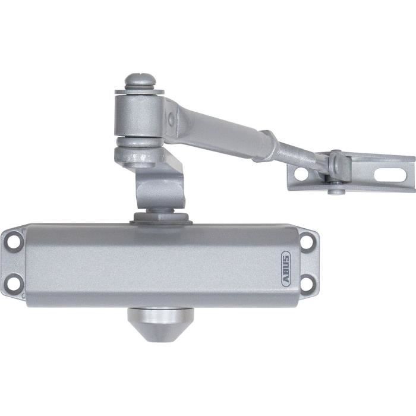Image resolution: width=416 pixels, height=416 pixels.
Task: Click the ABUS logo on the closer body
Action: coord(286,269)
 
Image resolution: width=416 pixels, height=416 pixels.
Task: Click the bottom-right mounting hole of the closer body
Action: coord(307,284)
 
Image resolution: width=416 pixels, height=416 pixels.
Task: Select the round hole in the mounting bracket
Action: coord(301,174)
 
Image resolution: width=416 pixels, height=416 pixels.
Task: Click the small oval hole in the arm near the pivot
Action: coord(171,119)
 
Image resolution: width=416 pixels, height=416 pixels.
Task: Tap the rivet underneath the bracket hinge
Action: coord(336,190)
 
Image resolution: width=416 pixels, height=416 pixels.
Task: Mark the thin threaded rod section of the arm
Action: coord(300,155)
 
